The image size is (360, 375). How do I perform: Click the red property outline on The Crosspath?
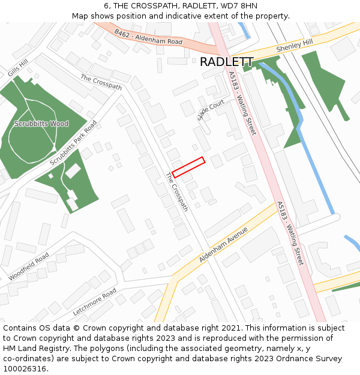click(x=188, y=167)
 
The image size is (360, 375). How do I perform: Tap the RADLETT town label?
click(x=226, y=62)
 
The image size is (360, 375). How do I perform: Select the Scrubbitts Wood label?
click(x=42, y=124)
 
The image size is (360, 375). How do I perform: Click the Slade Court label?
click(x=211, y=110)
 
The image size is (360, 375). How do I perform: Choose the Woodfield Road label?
click(x=29, y=267)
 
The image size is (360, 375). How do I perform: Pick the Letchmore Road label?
click(x=94, y=302)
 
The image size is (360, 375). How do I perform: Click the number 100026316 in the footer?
click(x=25, y=368)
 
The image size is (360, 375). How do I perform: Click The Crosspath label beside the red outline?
click(x=177, y=192)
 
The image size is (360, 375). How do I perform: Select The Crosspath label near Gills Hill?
click(x=101, y=83)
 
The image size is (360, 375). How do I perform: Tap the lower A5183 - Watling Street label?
click(x=290, y=233)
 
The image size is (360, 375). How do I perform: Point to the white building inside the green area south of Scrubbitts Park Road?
click(x=73, y=171)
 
